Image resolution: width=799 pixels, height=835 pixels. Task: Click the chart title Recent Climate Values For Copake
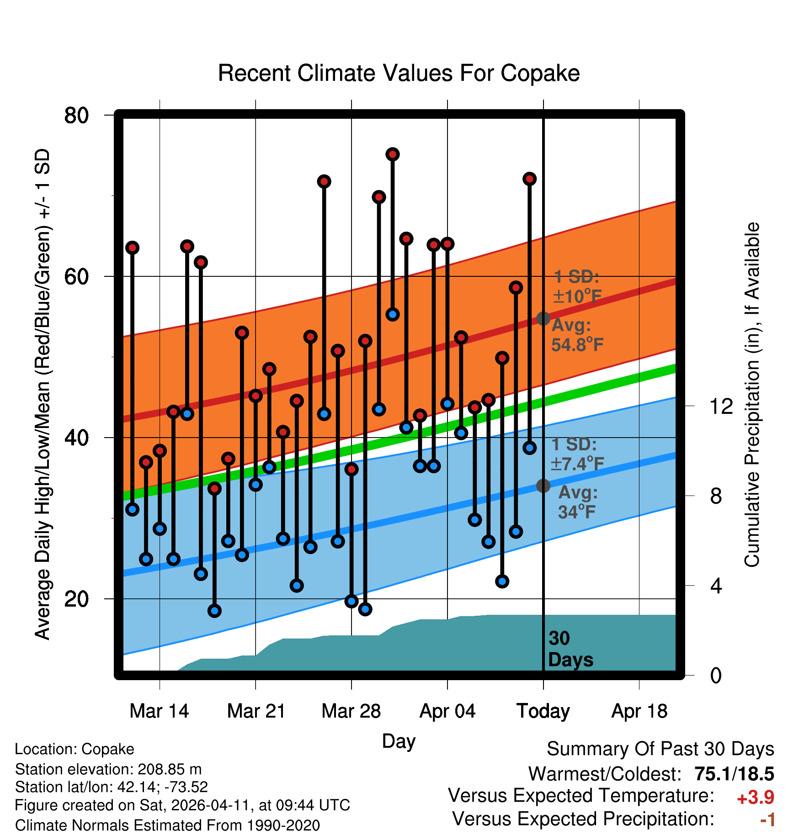click(x=399, y=73)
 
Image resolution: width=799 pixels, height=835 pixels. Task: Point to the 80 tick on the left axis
click(x=76, y=115)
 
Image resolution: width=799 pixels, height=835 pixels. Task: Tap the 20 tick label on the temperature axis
click(x=76, y=598)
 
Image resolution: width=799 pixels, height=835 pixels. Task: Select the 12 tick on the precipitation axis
click(x=721, y=406)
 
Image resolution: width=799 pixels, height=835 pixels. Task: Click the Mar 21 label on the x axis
click(x=256, y=711)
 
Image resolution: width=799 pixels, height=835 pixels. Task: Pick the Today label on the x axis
click(x=543, y=711)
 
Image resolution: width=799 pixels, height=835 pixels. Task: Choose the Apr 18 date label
click(x=639, y=711)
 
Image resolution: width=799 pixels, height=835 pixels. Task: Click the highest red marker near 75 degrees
click(x=392, y=154)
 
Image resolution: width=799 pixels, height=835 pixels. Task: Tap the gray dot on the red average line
click(x=543, y=318)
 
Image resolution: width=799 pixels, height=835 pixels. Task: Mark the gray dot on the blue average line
click(x=543, y=486)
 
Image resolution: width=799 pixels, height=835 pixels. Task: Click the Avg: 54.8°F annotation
click(x=577, y=335)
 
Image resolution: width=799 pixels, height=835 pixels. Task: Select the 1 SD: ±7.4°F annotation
click(x=577, y=454)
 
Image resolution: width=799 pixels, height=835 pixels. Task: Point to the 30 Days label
click(x=570, y=649)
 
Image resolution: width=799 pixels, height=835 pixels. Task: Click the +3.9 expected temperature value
click(x=755, y=798)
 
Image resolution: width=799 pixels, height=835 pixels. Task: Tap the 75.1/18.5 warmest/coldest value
click(x=734, y=774)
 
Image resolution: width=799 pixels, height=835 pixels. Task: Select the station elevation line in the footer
click(x=108, y=769)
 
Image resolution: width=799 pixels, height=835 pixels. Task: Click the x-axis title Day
click(x=399, y=741)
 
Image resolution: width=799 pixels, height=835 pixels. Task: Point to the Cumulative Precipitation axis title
click(x=752, y=395)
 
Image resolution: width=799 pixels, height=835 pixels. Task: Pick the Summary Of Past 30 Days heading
click(x=660, y=749)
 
